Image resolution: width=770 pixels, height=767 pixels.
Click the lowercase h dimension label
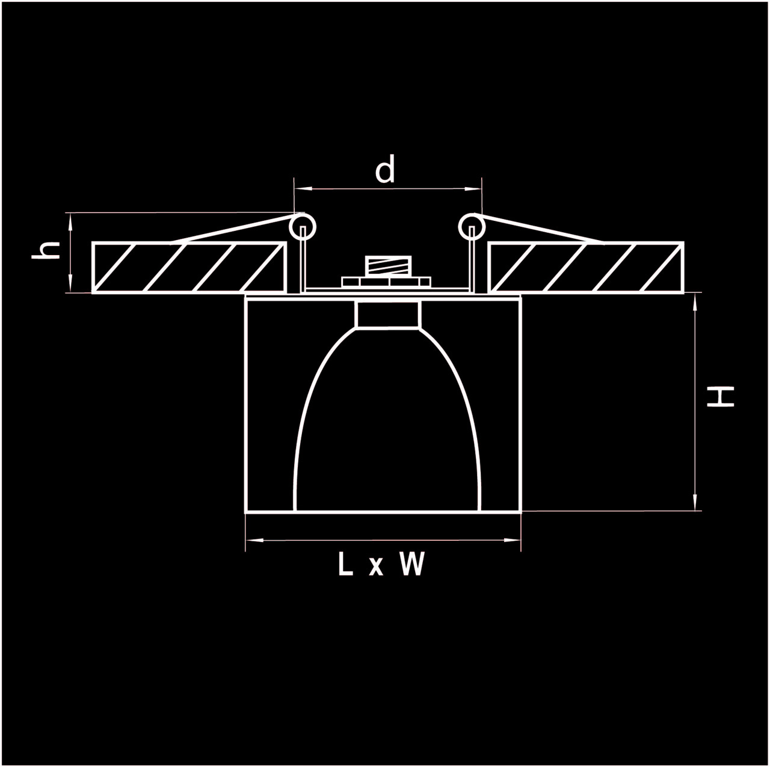pyautogui.click(x=46, y=249)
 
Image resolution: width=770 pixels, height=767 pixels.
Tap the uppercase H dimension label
pyautogui.click(x=720, y=397)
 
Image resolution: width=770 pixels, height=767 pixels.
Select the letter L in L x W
pyautogui.click(x=345, y=564)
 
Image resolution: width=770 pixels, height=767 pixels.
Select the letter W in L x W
pyautogui.click(x=412, y=564)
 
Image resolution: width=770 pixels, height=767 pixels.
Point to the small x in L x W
pyautogui.click(x=376, y=567)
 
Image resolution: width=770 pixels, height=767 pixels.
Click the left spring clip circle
pyautogui.click(x=303, y=228)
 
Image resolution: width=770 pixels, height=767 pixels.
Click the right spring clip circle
pyautogui.click(x=472, y=228)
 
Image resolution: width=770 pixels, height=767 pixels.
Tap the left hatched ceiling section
pyautogui.click(x=189, y=267)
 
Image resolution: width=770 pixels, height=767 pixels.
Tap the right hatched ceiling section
pyautogui.click(x=586, y=267)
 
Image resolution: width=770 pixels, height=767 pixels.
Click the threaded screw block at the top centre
pyautogui.click(x=387, y=265)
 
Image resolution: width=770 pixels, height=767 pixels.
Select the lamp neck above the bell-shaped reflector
pyautogui.click(x=387, y=315)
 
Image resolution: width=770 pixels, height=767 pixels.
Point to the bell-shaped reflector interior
pyautogui.click(x=387, y=433)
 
